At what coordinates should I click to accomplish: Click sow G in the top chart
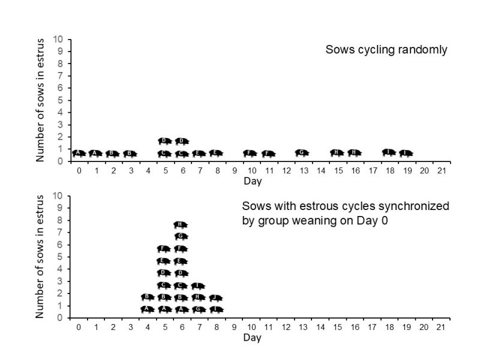[302, 153]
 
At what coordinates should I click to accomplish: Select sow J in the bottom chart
[216, 298]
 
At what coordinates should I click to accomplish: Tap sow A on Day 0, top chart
[79, 153]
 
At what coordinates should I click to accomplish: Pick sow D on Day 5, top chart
[165, 141]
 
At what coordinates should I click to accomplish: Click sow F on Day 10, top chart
[251, 153]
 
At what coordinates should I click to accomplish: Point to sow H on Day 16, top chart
[355, 153]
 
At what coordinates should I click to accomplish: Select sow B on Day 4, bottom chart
[148, 297]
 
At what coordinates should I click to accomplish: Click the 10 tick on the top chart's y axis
[59, 39]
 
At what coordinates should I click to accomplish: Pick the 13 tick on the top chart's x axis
[302, 170]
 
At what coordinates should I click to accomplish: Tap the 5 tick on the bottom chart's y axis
[61, 257]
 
